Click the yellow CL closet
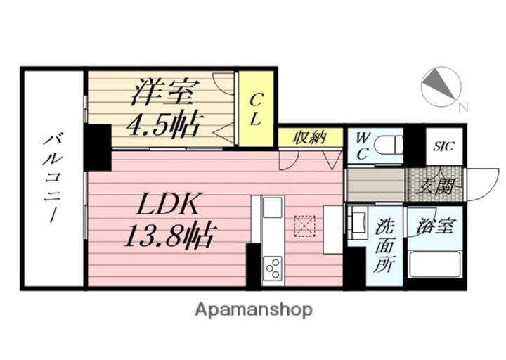coord(256,109)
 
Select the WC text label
coord(363,146)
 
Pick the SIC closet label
coord(444,146)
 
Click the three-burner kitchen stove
coord(272,267)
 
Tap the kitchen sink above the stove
coord(273,210)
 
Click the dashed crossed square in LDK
coord(306,226)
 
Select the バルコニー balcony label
coord(53,177)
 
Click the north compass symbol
coord(441,87)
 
